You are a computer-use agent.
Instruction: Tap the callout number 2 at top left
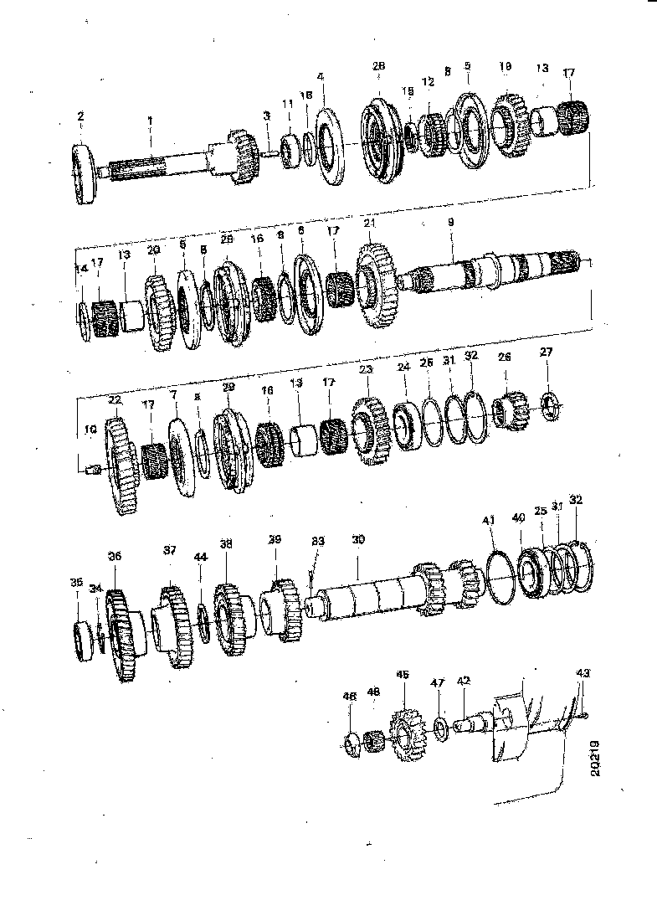(x=80, y=116)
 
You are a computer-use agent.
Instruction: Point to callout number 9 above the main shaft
(x=450, y=223)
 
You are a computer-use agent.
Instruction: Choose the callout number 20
(x=152, y=250)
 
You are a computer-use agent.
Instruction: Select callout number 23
(x=365, y=369)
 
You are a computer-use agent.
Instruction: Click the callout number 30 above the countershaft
(x=358, y=541)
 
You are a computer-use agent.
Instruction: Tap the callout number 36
(x=115, y=555)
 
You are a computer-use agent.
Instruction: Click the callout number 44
(x=199, y=557)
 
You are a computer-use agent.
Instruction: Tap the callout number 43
(x=583, y=673)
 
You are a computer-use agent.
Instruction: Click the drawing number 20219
(x=595, y=758)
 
